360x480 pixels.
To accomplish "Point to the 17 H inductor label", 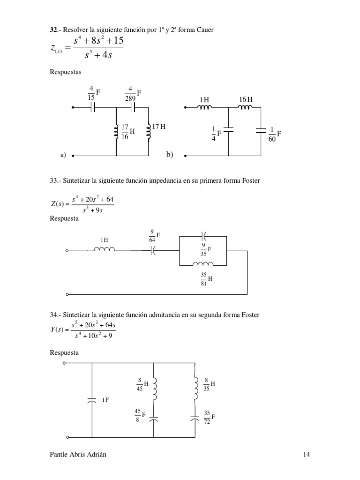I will pos(158,127).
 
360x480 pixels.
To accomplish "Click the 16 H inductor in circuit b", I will pos(244,107).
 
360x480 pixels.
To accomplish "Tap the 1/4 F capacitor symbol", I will pos(228,131).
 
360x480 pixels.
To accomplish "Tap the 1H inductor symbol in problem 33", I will pos(104,249).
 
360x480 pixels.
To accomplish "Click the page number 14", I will pos(306,454).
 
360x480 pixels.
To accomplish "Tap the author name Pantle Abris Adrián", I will pos(81,454).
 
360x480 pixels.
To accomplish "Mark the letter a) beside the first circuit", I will pos(62,155).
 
